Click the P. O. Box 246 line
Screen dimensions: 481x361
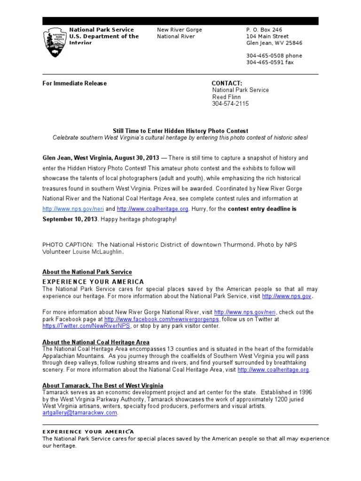click(264, 30)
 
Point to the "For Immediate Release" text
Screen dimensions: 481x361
click(74, 84)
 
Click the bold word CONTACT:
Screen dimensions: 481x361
click(227, 84)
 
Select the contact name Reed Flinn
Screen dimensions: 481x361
click(227, 97)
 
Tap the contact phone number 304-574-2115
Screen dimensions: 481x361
click(230, 104)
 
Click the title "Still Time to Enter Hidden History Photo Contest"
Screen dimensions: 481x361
click(180, 131)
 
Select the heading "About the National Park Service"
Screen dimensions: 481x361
click(87, 272)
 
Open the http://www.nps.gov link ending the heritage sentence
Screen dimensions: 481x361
click(286, 297)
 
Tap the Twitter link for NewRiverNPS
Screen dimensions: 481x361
click(86, 326)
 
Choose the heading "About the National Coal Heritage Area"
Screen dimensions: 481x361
click(96, 342)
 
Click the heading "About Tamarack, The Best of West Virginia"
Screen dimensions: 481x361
click(102, 386)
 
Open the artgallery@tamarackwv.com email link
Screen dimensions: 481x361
click(79, 413)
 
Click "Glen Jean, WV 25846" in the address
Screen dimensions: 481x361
click(274, 43)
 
